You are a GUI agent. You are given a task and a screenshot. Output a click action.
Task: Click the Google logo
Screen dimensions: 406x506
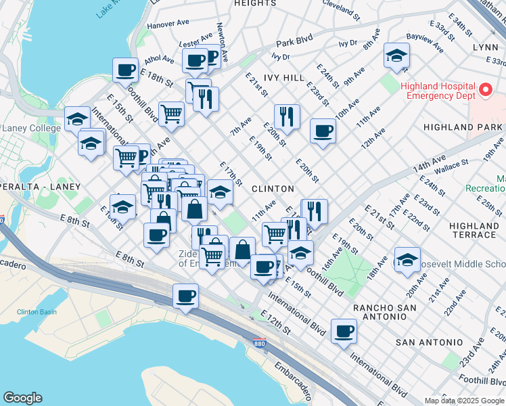pos(22,398)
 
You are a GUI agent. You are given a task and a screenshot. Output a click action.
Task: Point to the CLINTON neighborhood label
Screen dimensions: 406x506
pos(273,189)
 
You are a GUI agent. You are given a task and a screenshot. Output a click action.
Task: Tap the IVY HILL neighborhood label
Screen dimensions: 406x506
pos(284,78)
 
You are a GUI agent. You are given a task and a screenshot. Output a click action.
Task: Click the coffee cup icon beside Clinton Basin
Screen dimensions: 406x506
pos(185,296)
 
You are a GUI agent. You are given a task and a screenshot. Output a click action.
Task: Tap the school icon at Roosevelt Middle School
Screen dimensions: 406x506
pos(407,259)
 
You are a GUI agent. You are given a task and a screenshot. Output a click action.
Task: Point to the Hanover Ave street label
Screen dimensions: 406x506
pos(168,23)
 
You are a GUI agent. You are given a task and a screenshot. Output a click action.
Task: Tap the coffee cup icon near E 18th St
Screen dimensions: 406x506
pos(125,69)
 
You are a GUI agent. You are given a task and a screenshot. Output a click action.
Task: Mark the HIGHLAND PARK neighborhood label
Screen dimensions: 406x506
pos(463,127)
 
